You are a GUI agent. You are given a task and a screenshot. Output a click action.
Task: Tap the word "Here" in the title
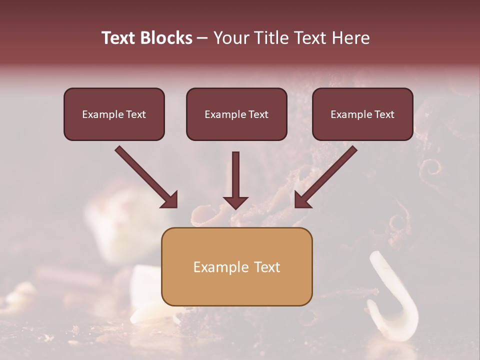click(350, 38)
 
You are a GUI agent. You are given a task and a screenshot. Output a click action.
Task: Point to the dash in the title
click(202, 38)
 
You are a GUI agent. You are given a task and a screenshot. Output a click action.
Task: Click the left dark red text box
click(114, 114)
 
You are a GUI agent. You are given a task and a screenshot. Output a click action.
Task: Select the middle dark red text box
click(236, 114)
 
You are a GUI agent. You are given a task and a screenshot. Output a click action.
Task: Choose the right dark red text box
click(362, 114)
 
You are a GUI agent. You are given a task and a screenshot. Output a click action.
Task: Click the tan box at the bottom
click(236, 266)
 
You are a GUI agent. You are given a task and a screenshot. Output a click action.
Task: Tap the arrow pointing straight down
click(235, 177)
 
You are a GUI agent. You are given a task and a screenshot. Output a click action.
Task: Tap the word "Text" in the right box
click(384, 114)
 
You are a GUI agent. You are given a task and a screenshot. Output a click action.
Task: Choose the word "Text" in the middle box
click(258, 114)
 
